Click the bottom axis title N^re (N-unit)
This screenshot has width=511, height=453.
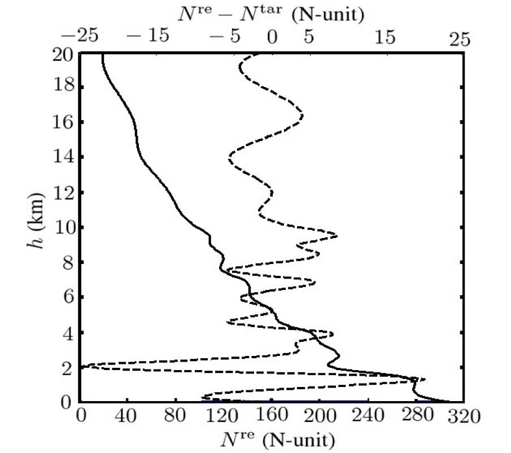click(x=272, y=438)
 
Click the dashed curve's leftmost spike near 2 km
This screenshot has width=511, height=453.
click(x=83, y=367)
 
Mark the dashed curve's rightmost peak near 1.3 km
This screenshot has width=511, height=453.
click(x=424, y=379)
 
